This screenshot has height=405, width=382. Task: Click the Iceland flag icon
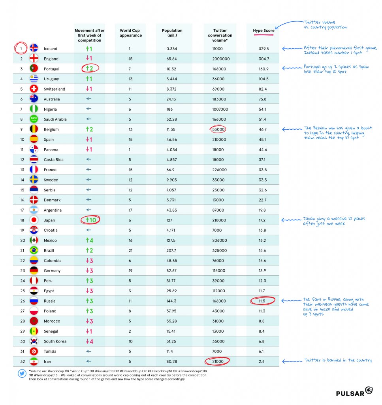point(34,49)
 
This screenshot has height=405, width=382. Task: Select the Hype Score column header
point(263,30)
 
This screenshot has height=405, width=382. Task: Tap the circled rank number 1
point(21,49)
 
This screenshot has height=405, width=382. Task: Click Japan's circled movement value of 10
point(90,220)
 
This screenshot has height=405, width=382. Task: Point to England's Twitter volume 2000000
point(220,59)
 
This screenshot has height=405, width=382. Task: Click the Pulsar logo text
point(350,393)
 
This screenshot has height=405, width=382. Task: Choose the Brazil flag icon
point(34,250)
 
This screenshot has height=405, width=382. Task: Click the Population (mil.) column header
point(172,33)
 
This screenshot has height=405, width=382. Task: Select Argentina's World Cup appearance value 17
point(131,210)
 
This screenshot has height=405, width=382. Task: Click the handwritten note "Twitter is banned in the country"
point(337,360)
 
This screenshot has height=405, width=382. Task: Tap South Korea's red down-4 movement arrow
point(90,341)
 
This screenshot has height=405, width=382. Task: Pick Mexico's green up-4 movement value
point(90,240)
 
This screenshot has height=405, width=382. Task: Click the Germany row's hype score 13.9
point(263,271)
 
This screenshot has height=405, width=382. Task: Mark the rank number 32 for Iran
point(21,361)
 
